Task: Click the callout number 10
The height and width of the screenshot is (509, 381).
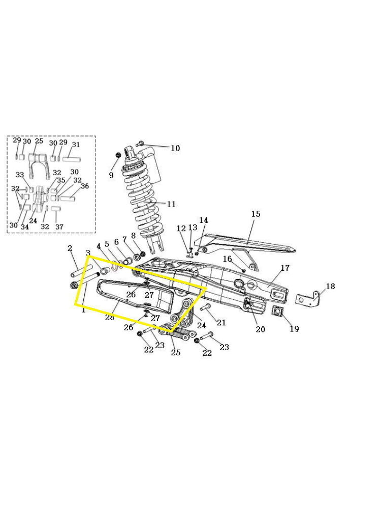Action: (175, 148)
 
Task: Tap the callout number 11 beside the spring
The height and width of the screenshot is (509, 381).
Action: (171, 204)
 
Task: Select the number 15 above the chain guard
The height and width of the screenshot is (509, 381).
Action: (256, 214)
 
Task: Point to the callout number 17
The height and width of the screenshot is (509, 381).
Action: (285, 268)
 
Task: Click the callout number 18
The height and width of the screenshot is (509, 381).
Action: (330, 286)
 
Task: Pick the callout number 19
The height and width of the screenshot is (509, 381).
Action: (294, 328)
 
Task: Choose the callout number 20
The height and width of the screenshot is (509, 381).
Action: (261, 329)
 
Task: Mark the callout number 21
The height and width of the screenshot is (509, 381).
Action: (221, 322)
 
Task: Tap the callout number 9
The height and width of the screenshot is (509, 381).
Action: (111, 175)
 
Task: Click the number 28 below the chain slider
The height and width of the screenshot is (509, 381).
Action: (110, 318)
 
